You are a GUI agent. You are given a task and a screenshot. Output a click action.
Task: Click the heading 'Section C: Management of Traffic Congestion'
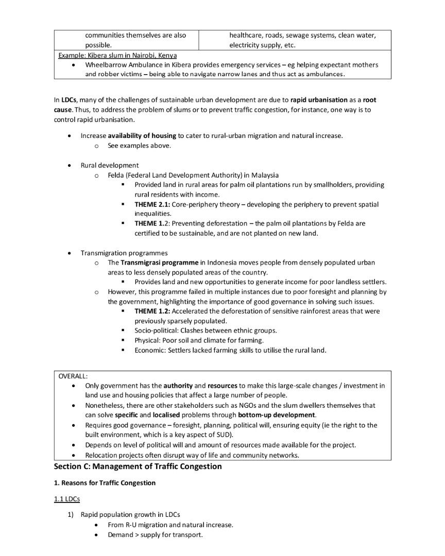point(138,466)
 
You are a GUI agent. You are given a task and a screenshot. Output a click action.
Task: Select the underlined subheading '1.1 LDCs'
point(67,499)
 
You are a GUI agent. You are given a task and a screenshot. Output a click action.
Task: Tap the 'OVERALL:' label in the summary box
point(73,376)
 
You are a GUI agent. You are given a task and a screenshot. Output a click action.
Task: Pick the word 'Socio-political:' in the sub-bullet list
point(158,331)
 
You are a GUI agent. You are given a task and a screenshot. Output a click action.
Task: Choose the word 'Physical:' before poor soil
point(149,340)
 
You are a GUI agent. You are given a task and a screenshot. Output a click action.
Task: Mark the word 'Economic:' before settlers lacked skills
point(151,350)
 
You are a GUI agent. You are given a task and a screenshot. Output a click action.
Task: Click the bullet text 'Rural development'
point(110,165)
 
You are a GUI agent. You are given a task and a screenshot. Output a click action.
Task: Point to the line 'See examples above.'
point(139,146)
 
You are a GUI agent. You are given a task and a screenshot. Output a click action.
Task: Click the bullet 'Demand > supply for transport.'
point(155,535)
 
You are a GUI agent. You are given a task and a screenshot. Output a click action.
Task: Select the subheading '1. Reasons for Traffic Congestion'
point(105,483)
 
